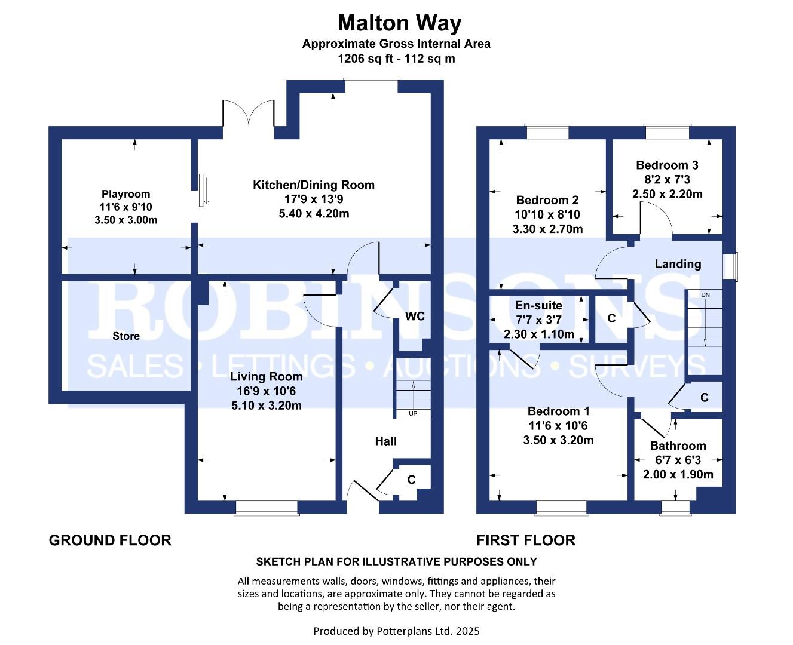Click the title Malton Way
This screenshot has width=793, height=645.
pyautogui.click(x=399, y=23)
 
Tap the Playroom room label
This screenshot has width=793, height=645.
pyautogui.click(x=126, y=193)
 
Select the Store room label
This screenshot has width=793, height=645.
pyautogui.click(x=126, y=336)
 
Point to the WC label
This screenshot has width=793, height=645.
pyautogui.click(x=415, y=316)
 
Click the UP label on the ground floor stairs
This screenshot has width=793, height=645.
pyautogui.click(x=413, y=414)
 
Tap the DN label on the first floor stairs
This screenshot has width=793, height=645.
pyautogui.click(x=705, y=295)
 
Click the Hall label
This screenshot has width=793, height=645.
pyautogui.click(x=385, y=441)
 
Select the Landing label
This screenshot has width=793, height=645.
pyautogui.click(x=678, y=264)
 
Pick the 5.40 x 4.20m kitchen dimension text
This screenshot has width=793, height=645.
pyautogui.click(x=314, y=214)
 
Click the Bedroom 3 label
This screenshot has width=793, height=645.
pyautogui.click(x=667, y=165)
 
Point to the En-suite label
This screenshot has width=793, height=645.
pyautogui.click(x=538, y=305)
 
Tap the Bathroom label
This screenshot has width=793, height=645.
pyautogui.click(x=678, y=446)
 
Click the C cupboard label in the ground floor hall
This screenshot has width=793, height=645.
pyautogui.click(x=411, y=480)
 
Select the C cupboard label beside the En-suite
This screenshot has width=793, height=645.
pyautogui.click(x=611, y=318)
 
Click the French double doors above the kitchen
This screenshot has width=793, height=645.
pyautogui.click(x=249, y=113)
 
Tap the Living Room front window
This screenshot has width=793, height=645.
pyautogui.click(x=267, y=508)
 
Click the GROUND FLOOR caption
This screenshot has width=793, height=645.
pyautogui.click(x=110, y=540)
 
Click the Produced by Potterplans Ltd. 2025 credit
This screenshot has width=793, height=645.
pyautogui.click(x=396, y=631)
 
